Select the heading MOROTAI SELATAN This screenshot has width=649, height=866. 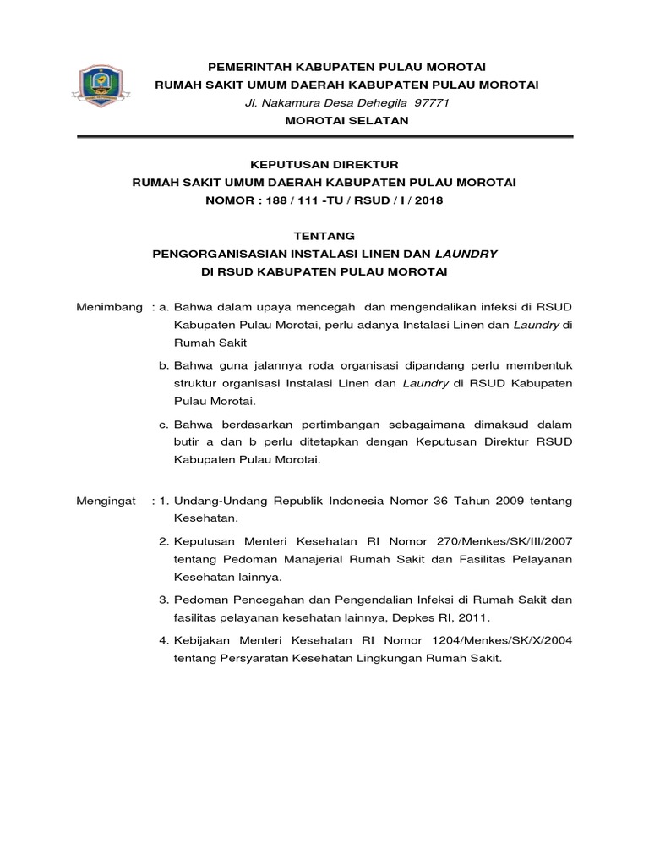point(346,120)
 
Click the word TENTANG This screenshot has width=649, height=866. point(325,235)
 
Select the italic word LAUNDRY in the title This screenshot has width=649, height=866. point(467,253)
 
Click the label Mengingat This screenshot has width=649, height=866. point(106,501)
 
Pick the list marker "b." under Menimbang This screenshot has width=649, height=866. point(165,365)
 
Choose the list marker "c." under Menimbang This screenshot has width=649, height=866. point(165,424)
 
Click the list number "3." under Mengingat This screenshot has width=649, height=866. point(164,600)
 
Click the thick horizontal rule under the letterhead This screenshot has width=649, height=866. point(325,136)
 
